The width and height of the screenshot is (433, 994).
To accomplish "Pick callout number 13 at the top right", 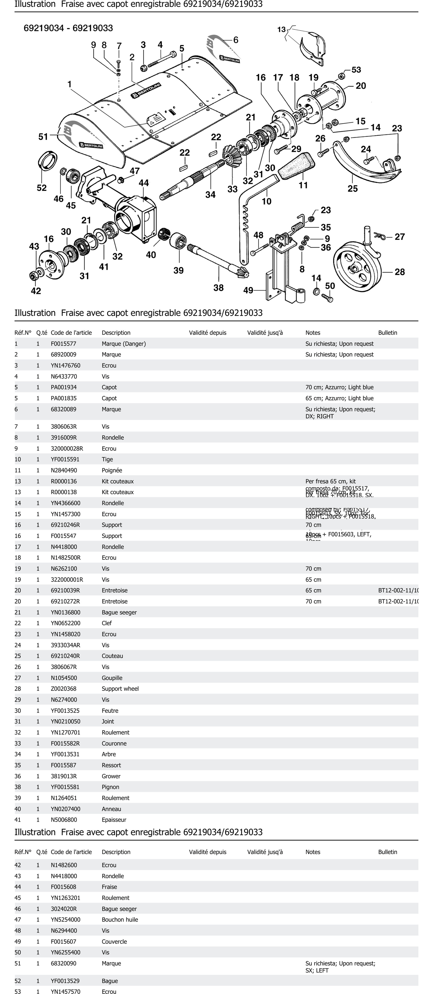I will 281,29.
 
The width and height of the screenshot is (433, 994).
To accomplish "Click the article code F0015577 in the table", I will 64,343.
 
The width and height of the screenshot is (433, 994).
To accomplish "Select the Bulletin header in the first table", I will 388,333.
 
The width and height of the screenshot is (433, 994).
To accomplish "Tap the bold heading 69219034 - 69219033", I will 68,28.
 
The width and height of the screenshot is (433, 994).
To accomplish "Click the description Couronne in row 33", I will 114,743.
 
